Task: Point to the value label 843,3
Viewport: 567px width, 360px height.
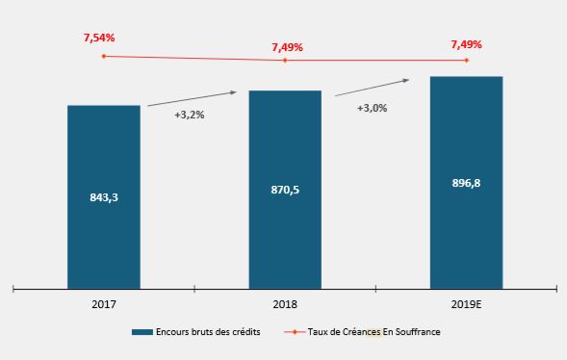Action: point(104,197)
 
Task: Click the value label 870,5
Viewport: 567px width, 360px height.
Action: point(285,191)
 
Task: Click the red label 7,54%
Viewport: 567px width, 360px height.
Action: point(99,38)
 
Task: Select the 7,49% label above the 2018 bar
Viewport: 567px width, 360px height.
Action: point(288,46)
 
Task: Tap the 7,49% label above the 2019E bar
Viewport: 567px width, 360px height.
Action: point(466,44)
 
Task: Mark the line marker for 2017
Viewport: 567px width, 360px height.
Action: point(104,56)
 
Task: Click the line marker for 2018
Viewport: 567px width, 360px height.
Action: point(285,61)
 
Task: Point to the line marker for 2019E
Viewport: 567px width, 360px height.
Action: point(466,61)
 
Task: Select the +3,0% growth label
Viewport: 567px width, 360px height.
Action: point(372,108)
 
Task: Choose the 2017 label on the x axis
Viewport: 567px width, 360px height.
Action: point(104,304)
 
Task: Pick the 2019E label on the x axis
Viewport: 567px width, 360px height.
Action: point(466,304)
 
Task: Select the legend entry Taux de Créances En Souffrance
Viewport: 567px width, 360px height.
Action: point(371,332)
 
